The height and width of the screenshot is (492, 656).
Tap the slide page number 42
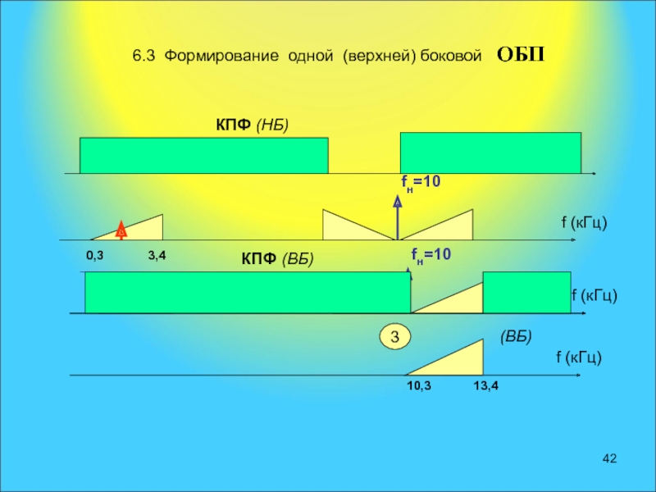[x=608, y=457]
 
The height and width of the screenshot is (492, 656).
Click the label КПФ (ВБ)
[x=277, y=259]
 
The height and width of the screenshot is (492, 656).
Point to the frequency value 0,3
[x=95, y=256]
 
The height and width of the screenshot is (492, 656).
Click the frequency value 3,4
[x=157, y=256]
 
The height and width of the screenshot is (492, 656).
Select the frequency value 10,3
[x=418, y=385]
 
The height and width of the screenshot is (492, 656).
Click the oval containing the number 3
[x=394, y=337]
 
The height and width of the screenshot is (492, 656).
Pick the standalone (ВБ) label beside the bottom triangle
[x=516, y=337]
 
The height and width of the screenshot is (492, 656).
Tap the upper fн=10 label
[x=420, y=181]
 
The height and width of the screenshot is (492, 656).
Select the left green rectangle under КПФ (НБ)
[x=203, y=155]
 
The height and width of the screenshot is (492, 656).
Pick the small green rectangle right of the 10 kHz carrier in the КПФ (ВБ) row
[x=526, y=292]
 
